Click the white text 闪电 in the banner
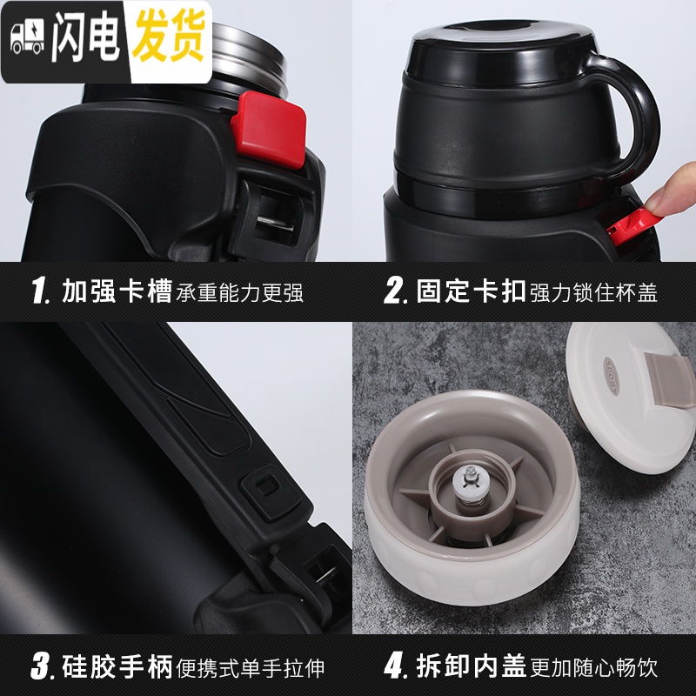tap(86, 37)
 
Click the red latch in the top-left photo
tap(269, 130)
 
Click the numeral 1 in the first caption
tap(40, 291)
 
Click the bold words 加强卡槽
tap(117, 291)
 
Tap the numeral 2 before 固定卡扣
tap(395, 291)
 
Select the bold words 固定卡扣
tap(471, 291)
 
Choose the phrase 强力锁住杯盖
tap(593, 292)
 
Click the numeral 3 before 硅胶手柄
tap(42, 666)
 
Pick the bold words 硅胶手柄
tap(117, 666)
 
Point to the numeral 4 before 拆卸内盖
tap(395, 666)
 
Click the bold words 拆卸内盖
tap(471, 666)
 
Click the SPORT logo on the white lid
tap(612, 376)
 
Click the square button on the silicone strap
tap(267, 487)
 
